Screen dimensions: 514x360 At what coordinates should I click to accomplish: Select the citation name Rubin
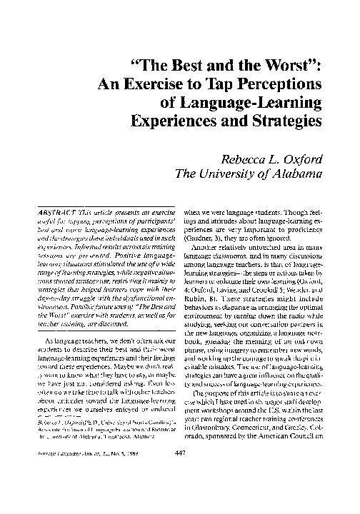196,278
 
